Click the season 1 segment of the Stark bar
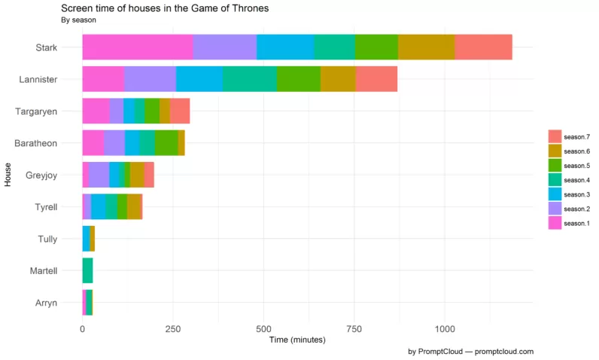[x=137, y=47]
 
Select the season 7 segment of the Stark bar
[x=483, y=47]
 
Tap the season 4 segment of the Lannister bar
[x=249, y=79]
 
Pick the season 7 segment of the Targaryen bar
[x=180, y=111]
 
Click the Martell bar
[x=87, y=270]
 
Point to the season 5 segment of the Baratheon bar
[x=166, y=142]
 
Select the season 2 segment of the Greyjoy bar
[x=99, y=174]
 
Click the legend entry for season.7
[x=576, y=136]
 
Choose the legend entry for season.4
[x=576, y=180]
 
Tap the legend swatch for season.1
[x=555, y=223]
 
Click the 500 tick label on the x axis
[x=263, y=329]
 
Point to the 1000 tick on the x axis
[x=445, y=329]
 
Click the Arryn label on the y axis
[x=46, y=303]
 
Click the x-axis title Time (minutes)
[x=297, y=340]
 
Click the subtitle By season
[x=78, y=20]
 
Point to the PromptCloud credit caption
[x=470, y=352]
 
